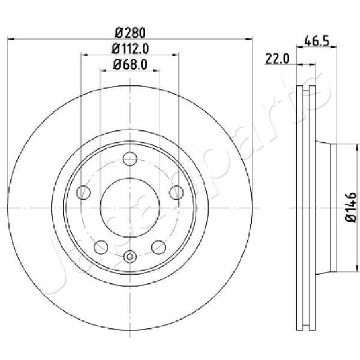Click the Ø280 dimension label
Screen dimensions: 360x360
(x=130, y=33)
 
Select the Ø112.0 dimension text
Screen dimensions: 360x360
(x=130, y=49)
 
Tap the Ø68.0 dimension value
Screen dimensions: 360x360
(x=130, y=65)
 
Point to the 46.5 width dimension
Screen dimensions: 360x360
(x=317, y=41)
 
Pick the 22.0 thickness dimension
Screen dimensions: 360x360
(x=277, y=59)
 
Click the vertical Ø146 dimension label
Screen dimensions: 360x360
(x=351, y=207)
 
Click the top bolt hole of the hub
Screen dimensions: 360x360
(x=130, y=158)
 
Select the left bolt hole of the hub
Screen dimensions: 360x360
(x=83, y=193)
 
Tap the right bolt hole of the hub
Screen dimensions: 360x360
(x=176, y=193)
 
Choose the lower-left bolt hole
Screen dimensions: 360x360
(x=101, y=247)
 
